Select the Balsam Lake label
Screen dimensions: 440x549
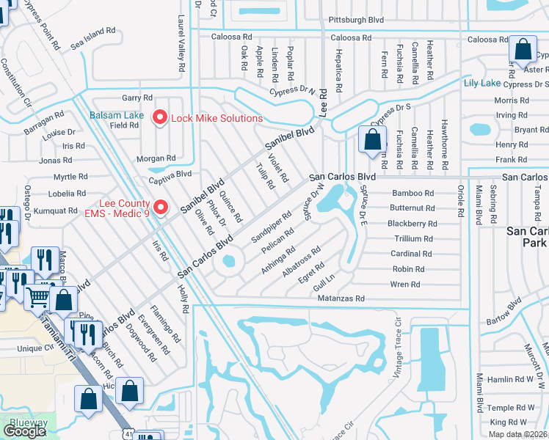[x=117, y=115]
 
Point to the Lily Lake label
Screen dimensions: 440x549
[x=481, y=84]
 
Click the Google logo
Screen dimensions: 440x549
[x=25, y=431]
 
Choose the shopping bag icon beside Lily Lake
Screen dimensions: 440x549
[x=523, y=51]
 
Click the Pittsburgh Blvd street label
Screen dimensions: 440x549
[x=356, y=20]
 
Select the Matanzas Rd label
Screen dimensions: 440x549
[x=340, y=299]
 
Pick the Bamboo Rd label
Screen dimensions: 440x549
[x=413, y=193]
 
